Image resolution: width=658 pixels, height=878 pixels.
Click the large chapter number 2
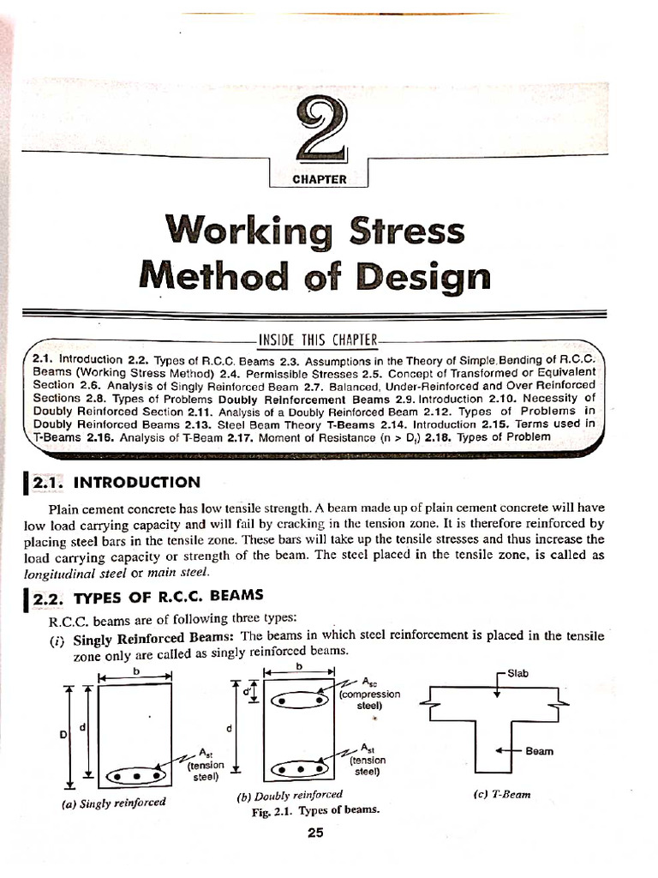(x=318, y=129)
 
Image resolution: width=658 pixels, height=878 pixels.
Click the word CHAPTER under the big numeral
(x=318, y=179)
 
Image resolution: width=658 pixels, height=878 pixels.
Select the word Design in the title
(x=426, y=277)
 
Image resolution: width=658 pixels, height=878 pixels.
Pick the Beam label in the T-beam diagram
(x=539, y=751)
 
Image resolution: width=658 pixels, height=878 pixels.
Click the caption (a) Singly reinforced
(x=113, y=803)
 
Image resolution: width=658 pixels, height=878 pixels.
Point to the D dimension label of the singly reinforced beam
(x=62, y=735)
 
